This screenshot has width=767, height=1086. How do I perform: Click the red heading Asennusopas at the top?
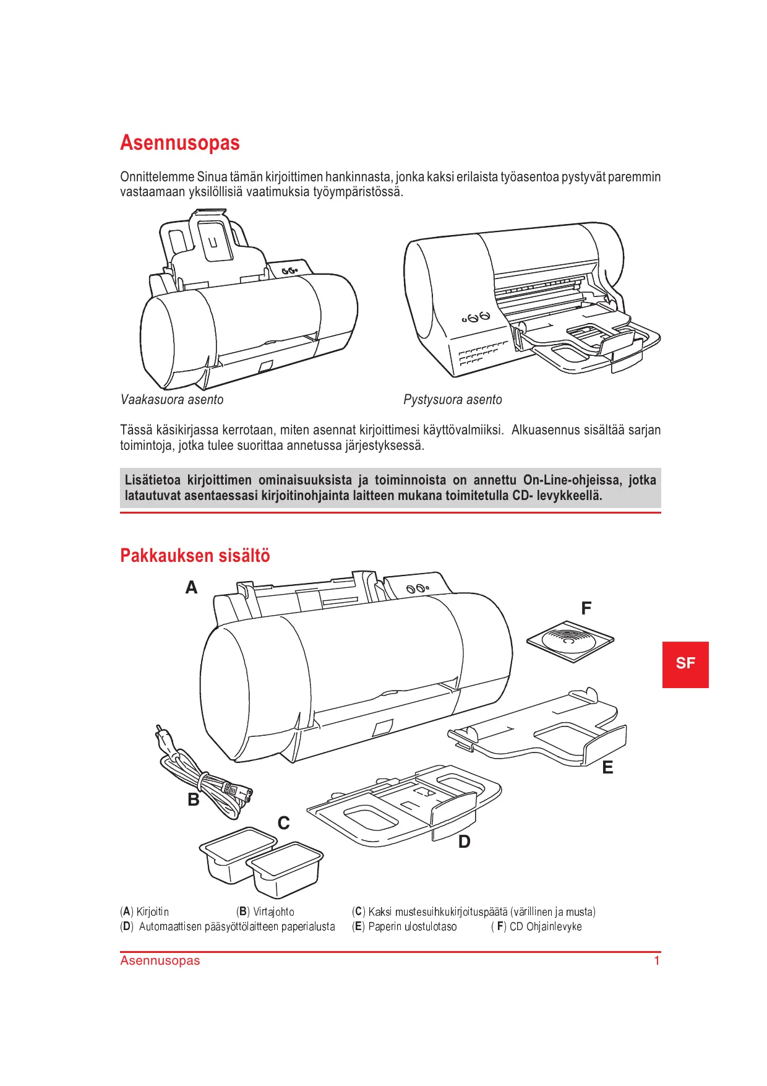tap(180, 143)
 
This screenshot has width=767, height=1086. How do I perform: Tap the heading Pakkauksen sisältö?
tap(195, 555)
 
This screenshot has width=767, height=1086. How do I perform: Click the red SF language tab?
tap(685, 664)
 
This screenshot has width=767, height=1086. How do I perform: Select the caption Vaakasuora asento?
tap(172, 400)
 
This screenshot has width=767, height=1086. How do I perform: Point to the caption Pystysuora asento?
tap(453, 400)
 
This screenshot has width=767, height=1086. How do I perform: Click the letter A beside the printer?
tap(192, 587)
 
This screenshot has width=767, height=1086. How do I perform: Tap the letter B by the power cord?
tap(194, 799)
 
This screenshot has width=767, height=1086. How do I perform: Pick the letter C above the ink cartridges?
tap(284, 823)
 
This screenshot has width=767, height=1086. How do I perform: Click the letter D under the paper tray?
tap(465, 842)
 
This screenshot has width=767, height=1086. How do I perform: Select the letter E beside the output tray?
tap(608, 767)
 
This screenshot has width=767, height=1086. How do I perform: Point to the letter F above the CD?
tap(586, 608)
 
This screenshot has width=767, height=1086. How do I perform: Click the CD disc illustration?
tap(570, 640)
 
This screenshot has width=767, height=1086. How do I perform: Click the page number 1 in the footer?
tap(657, 960)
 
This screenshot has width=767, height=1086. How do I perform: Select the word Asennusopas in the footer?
tap(160, 960)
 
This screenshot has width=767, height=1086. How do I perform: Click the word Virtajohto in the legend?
tap(274, 911)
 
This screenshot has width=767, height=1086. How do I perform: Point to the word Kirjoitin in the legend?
tap(153, 911)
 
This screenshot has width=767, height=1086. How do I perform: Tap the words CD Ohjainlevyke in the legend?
tap(546, 926)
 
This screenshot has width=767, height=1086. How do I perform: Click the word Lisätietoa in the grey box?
tap(153, 480)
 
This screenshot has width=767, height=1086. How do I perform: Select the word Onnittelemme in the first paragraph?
tap(157, 177)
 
